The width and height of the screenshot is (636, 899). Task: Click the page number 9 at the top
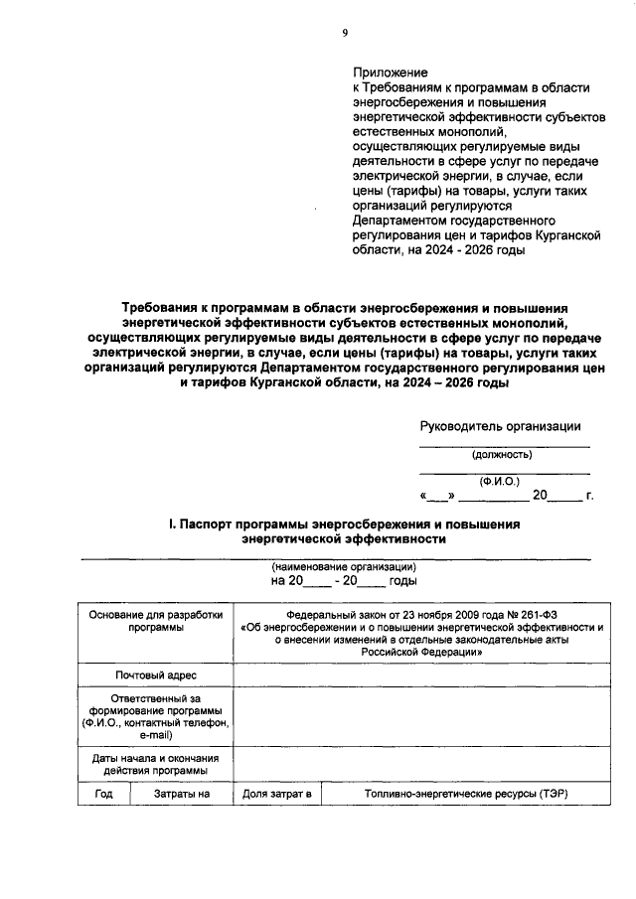click(345, 33)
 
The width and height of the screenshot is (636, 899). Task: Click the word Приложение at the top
click(391, 73)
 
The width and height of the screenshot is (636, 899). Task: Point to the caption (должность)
click(501, 455)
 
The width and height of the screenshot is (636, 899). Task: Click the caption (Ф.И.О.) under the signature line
click(501, 481)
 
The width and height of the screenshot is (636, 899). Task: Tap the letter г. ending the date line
click(589, 495)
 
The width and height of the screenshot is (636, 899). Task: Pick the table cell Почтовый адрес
click(155, 675)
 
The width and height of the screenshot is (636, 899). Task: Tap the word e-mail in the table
click(155, 736)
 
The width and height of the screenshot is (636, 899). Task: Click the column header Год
click(104, 795)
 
